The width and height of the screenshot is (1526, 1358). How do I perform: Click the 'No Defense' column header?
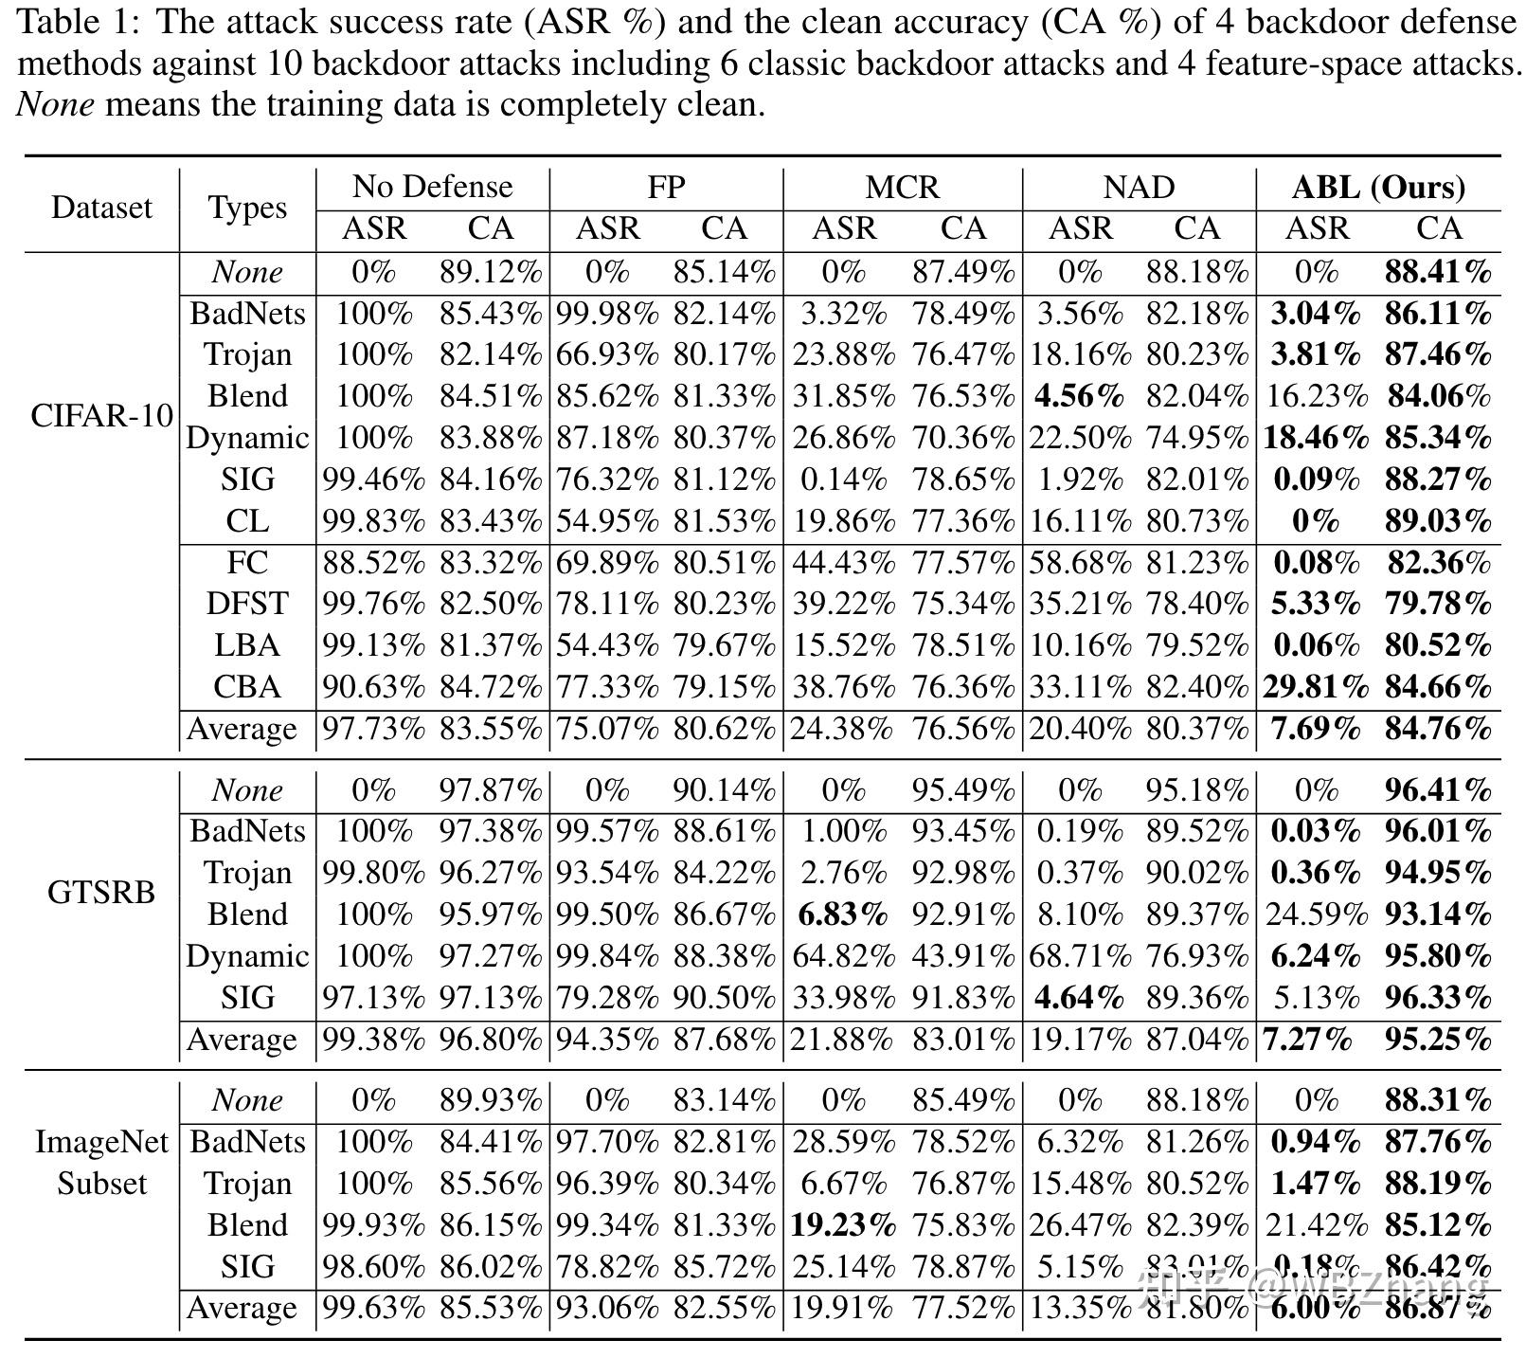tap(432, 187)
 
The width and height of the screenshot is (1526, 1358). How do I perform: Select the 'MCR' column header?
tap(903, 187)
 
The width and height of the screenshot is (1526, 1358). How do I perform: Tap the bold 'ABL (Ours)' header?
tap(1378, 187)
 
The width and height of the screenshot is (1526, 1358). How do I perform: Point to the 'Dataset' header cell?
tap(101, 208)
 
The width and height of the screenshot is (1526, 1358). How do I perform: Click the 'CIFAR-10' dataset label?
tap(101, 415)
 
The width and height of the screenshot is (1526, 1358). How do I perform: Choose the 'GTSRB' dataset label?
tap(101, 893)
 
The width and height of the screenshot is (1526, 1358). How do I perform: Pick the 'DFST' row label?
tap(247, 604)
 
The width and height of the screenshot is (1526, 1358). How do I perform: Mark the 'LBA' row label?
tap(247, 645)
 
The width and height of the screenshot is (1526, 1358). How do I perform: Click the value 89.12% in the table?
tap(491, 273)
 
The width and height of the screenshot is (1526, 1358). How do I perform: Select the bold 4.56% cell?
tap(1079, 395)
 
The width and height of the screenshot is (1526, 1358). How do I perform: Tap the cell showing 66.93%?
tap(607, 354)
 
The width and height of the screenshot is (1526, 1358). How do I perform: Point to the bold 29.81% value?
tap(1315, 687)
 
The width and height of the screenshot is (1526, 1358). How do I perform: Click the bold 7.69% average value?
tap(1315, 729)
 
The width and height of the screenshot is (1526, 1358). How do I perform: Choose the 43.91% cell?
tap(963, 955)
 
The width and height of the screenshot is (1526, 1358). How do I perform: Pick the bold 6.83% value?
tap(842, 914)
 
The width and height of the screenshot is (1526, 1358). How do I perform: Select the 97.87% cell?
tap(491, 790)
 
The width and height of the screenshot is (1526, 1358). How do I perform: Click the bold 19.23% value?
tap(842, 1225)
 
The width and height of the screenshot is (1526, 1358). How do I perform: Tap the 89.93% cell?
tap(491, 1100)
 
